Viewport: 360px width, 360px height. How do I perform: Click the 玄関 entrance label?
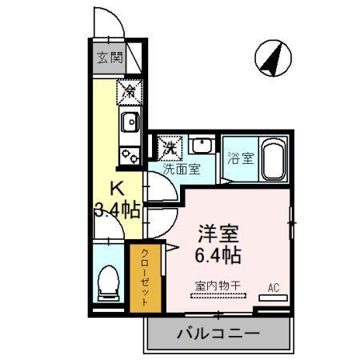coord(110,58)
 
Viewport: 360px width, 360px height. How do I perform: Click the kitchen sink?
coord(129,122)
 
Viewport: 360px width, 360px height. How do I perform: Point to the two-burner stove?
coord(129,152)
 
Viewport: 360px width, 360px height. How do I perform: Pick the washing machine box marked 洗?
coord(170,147)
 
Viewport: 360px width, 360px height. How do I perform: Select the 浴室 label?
coord(240,157)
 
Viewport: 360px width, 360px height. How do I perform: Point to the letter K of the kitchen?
coord(117,190)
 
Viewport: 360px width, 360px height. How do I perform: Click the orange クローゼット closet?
coord(145,277)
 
